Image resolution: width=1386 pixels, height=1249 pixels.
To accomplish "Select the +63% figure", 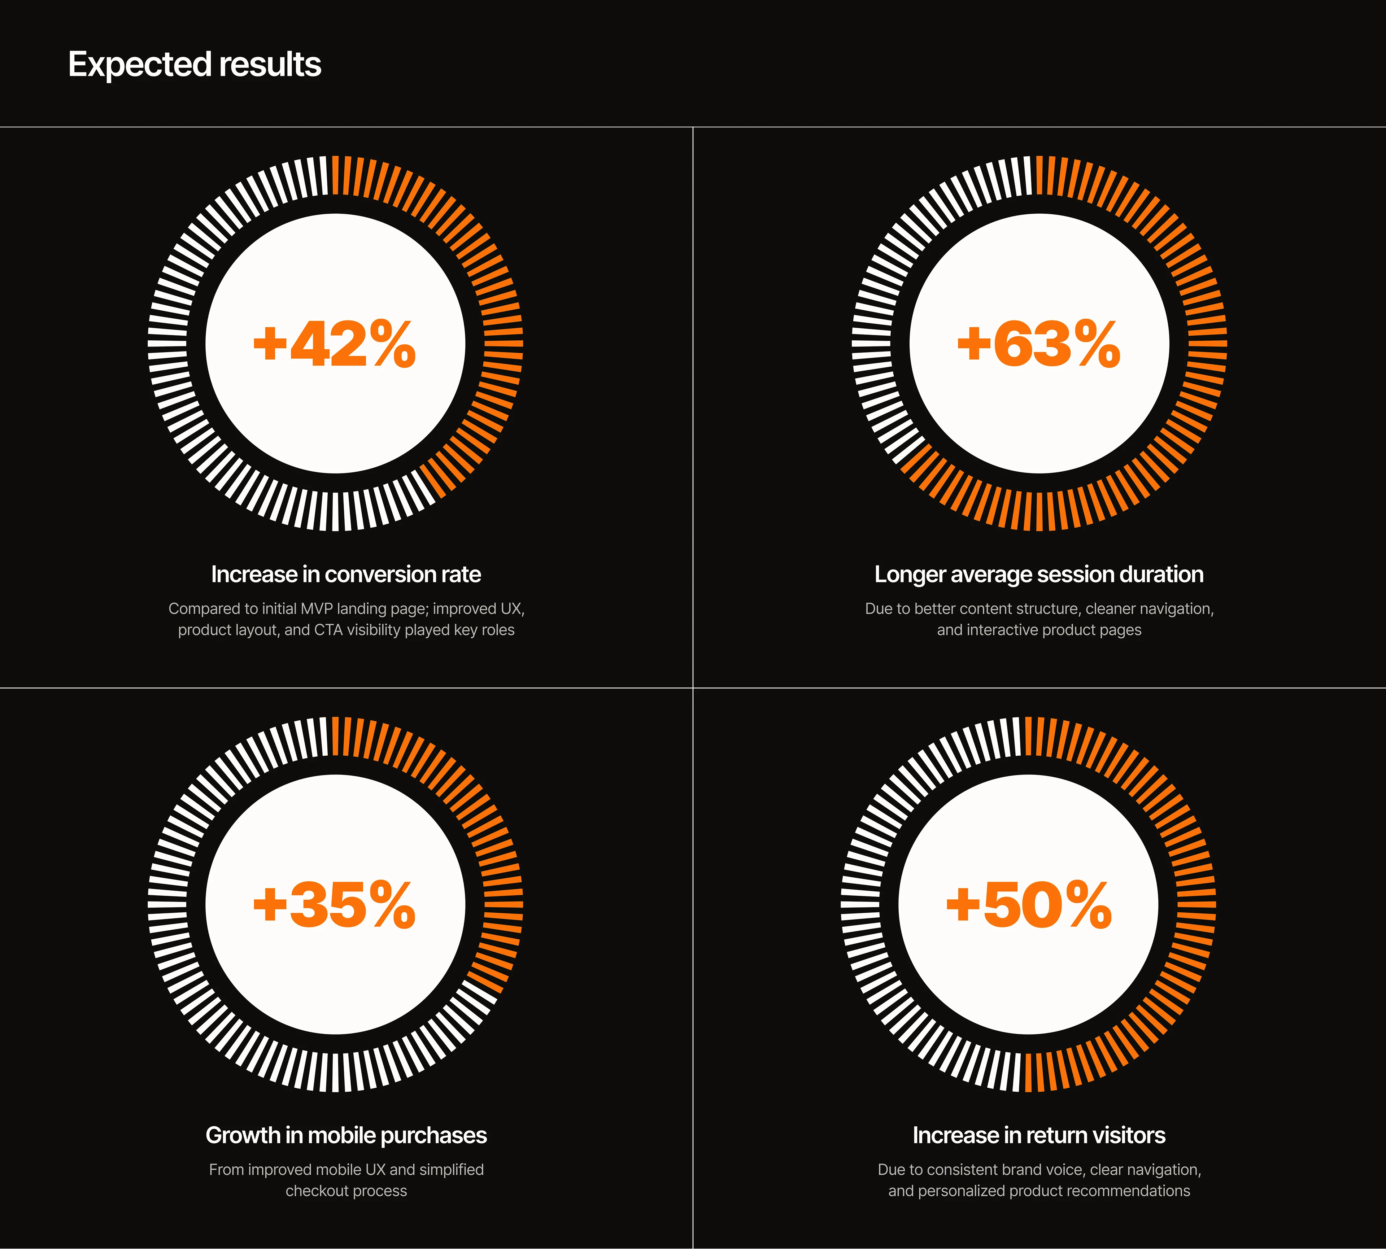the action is [x=1039, y=344].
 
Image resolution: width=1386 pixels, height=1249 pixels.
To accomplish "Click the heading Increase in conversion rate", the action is [x=346, y=575].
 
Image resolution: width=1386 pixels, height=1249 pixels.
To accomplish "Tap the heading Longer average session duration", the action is [x=1039, y=575].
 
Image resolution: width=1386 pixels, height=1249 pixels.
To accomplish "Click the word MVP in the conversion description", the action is [x=317, y=609].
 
